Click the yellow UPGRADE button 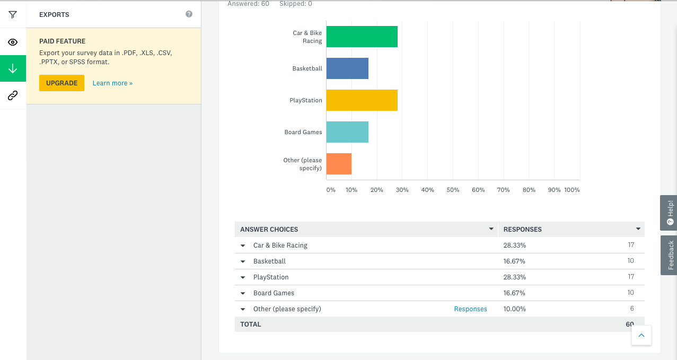click(x=61, y=83)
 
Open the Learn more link click(x=112, y=83)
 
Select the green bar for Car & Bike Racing click(x=362, y=37)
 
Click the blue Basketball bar click(x=347, y=68)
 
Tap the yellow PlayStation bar click(x=362, y=100)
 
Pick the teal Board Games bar click(x=347, y=132)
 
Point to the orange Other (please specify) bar click(x=339, y=164)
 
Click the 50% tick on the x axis click(x=453, y=190)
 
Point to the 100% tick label click(x=572, y=190)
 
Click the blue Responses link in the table click(x=470, y=309)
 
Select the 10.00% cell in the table click(x=514, y=309)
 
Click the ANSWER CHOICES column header click(x=269, y=230)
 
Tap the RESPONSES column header click(x=522, y=230)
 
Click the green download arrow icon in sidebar click(x=13, y=69)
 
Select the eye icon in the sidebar click(x=13, y=42)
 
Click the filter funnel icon click(x=13, y=15)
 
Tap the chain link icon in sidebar click(x=13, y=96)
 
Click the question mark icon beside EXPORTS click(x=189, y=14)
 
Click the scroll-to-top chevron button click(x=641, y=335)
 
